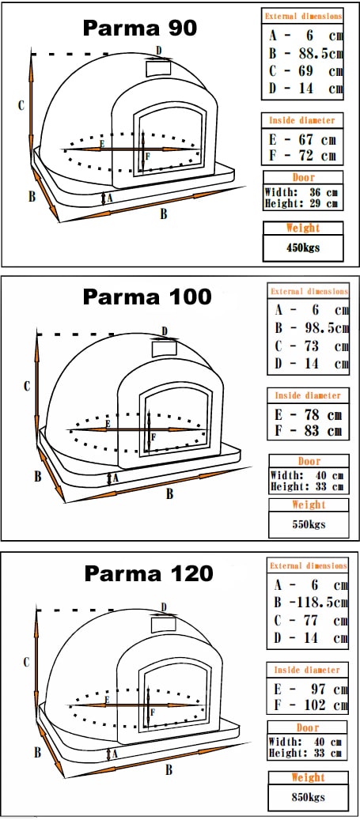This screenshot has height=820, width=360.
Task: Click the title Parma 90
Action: click(140, 28)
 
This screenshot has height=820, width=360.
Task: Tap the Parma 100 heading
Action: click(147, 297)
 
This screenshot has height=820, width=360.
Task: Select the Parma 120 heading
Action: click(149, 573)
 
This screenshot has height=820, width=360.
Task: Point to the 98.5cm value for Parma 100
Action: click(327, 328)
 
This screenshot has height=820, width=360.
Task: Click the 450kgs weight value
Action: click(303, 248)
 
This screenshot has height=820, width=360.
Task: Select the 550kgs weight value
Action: click(309, 523)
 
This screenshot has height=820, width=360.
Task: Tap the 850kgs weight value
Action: click(309, 798)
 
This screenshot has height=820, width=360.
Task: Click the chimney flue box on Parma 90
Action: click(158, 67)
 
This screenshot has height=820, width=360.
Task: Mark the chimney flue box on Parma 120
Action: click(163, 625)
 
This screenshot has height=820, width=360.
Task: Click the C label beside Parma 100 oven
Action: click(27, 387)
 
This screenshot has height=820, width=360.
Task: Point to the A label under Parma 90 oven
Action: click(109, 198)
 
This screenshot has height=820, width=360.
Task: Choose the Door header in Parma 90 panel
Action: click(304, 177)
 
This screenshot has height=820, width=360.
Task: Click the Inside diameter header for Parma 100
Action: click(308, 396)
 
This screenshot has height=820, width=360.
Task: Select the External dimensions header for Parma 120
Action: click(309, 566)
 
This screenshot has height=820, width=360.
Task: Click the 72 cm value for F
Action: click(316, 156)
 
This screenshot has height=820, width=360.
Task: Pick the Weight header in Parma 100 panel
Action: click(309, 504)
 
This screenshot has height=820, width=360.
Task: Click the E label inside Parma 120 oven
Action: click(107, 700)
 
